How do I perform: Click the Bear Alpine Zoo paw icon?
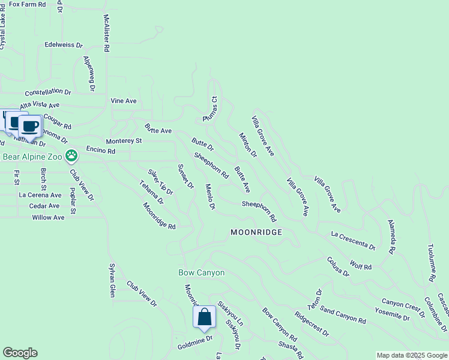72,157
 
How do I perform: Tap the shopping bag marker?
204,317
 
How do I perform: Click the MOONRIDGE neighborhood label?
256,232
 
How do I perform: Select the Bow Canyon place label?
202,272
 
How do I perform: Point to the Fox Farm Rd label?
28,4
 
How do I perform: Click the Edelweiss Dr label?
63,44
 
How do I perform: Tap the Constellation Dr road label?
47,92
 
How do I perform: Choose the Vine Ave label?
124,101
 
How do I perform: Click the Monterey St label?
124,141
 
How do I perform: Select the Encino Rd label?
100,151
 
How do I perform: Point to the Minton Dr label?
247,145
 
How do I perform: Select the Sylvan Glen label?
112,280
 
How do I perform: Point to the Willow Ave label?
48,217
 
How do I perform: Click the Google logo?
20,353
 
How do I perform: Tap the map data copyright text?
412,355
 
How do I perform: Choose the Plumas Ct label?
211,109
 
